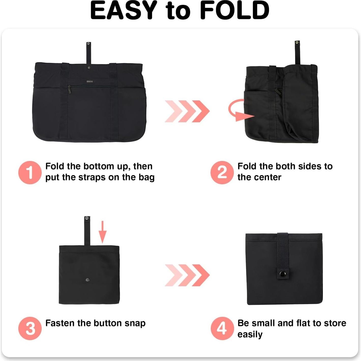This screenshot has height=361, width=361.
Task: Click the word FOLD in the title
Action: pos(235,11)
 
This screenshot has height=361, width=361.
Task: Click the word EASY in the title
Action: pos(124,11)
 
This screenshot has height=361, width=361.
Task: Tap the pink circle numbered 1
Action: pos(30,172)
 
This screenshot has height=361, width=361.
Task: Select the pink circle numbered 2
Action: pos(222,172)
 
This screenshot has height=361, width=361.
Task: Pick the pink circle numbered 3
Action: pos(30,328)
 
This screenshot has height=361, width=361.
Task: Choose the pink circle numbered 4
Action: pos(222,328)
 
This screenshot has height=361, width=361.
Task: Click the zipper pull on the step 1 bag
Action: pos(69,90)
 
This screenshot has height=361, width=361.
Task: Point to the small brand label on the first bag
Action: pos(90,82)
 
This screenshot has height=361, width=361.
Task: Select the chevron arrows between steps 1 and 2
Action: pos(187,111)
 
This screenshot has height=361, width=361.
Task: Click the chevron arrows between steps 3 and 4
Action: pos(187,275)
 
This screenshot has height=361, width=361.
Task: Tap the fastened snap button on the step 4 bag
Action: pos(282,274)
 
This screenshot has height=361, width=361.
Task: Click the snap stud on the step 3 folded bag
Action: pos(87,280)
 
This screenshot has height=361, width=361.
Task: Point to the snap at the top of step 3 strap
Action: pos(87,218)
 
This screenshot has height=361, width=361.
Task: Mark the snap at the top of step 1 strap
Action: pos(88,44)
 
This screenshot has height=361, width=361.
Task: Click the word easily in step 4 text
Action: pos(250,335)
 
